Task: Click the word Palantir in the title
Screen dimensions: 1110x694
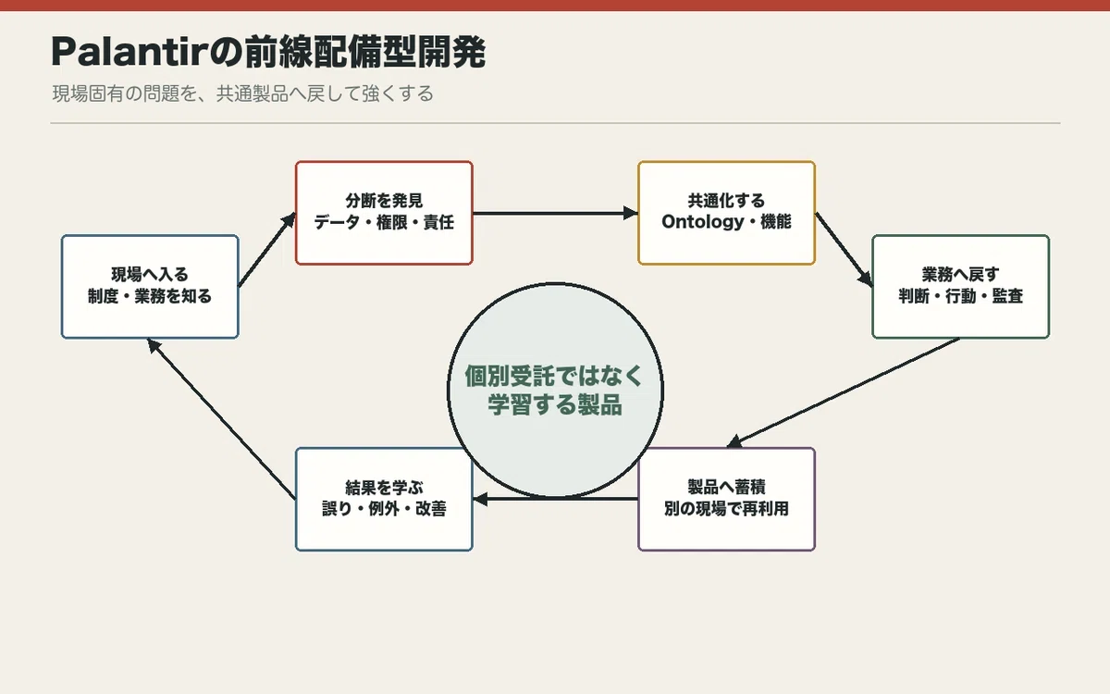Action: [x=129, y=52]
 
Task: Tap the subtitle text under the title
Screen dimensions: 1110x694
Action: [x=242, y=93]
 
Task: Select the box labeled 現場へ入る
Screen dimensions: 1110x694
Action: [x=150, y=287]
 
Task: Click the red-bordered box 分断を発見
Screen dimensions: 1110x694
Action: [x=384, y=213]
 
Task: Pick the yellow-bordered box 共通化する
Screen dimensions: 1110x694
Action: [x=726, y=213]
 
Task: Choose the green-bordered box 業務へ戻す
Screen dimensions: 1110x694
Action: [x=960, y=287]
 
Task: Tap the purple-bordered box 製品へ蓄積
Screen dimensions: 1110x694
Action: [x=726, y=499]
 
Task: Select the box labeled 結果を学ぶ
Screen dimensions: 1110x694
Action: [x=384, y=499]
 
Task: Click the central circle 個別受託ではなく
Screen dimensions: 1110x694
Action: [x=555, y=390]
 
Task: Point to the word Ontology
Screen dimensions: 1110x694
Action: [x=703, y=221]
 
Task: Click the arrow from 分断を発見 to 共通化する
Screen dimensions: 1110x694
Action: [x=555, y=213]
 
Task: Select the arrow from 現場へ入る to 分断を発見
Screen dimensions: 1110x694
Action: [x=267, y=250]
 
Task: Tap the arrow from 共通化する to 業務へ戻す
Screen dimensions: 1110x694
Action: [x=844, y=250]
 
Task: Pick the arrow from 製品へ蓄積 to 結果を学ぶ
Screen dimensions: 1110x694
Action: [x=555, y=499]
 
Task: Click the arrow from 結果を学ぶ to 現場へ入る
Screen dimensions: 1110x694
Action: [x=221, y=419]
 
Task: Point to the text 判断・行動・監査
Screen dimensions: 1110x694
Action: [x=960, y=296]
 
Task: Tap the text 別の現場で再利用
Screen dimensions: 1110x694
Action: [x=726, y=509]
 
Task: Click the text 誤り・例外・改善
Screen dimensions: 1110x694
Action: [x=384, y=509]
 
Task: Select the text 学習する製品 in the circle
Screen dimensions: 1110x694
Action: [x=555, y=404]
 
